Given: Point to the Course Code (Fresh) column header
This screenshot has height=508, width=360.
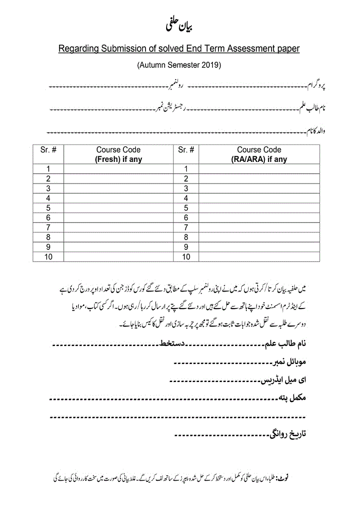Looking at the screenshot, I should tap(118, 154).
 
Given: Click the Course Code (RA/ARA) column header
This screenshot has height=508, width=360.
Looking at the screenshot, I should tap(259, 154).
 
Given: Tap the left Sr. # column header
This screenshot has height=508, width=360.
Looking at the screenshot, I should tap(48, 150).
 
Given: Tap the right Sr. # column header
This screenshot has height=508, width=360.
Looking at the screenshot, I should tap(186, 150).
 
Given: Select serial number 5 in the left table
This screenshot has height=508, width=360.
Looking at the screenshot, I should tap(48, 208).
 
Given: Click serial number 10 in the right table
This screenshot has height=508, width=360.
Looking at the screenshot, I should tap(186, 257).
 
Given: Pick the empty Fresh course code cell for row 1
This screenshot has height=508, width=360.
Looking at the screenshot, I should tap(118, 169).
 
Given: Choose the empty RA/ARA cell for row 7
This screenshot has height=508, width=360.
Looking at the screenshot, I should tap(259, 227).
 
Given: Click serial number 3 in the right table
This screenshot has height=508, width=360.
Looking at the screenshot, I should tap(186, 188).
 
